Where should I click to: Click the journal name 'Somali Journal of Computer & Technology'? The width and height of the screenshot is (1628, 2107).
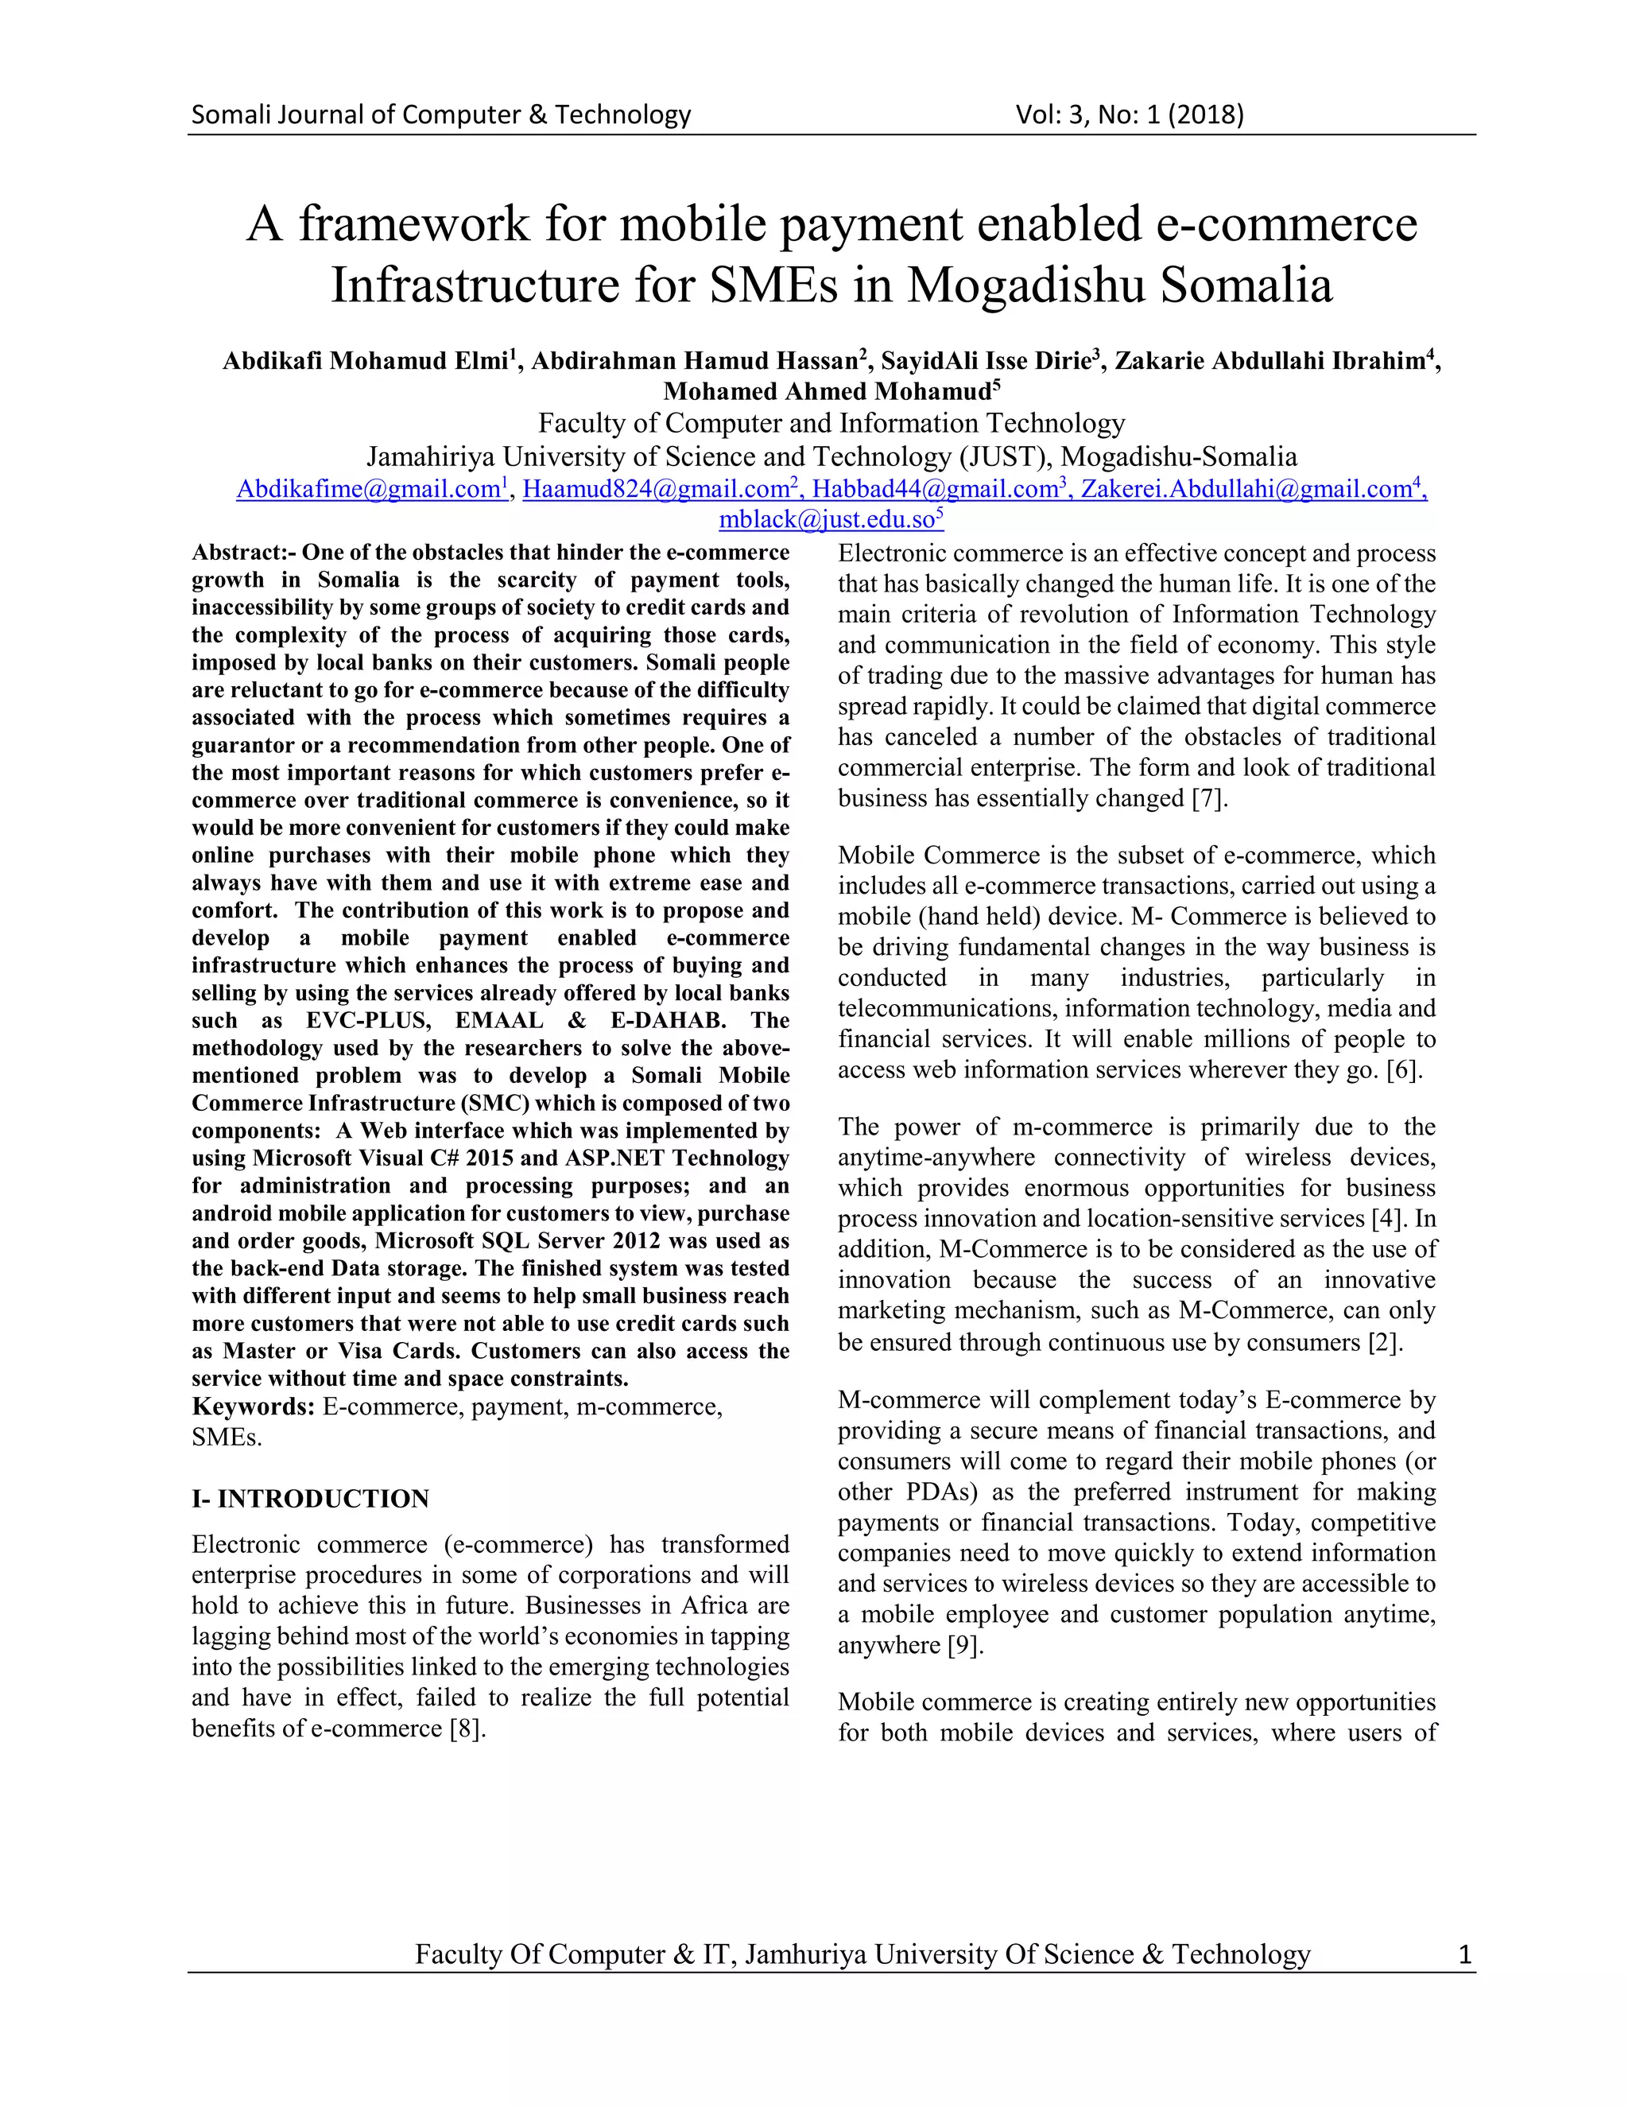440,114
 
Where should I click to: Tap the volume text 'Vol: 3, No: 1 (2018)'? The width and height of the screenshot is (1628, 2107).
1130,114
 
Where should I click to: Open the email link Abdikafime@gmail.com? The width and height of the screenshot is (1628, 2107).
368,489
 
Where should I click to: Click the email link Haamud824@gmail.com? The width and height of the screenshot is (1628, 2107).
656,489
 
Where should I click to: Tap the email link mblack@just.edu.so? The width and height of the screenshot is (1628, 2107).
827,520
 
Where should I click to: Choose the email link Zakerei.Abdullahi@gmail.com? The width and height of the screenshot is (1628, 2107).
1246,489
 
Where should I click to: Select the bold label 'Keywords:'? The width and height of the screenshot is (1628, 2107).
253,1407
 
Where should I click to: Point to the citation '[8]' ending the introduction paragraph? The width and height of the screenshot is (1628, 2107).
466,1728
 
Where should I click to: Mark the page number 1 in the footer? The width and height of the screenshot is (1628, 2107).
1464,1954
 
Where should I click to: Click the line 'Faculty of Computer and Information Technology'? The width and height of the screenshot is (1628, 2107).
831,424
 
